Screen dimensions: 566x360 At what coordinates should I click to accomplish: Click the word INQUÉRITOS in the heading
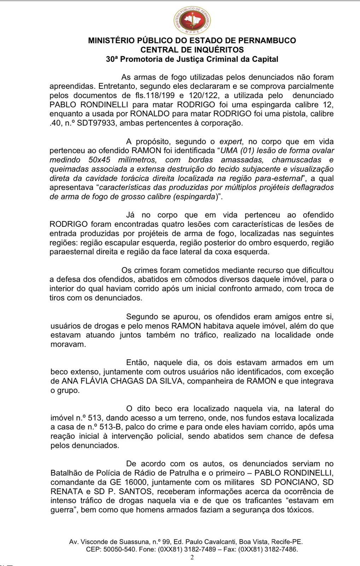pos(215,50)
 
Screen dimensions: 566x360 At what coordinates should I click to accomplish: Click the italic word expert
pos(231,141)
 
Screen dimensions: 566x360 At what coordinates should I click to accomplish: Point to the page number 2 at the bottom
pos(192,558)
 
